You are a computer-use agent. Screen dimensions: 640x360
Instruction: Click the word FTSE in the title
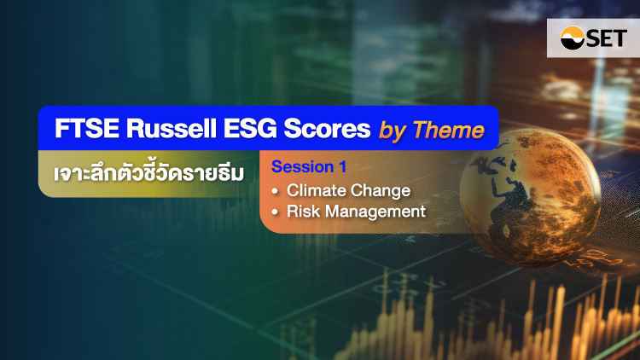[x=87, y=129]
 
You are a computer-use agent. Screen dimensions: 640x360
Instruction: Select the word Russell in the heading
[x=171, y=129]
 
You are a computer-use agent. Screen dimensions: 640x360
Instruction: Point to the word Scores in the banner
[x=327, y=129]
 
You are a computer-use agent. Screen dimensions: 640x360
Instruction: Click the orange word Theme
[x=448, y=131]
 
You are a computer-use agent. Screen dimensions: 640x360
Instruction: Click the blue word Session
[x=302, y=166]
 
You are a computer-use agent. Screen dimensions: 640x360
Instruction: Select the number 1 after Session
[x=342, y=166]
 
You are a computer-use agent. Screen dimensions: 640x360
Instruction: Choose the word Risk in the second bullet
[x=303, y=212]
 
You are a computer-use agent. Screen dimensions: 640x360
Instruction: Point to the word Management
[x=375, y=212]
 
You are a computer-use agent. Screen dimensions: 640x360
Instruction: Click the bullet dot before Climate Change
[x=275, y=191]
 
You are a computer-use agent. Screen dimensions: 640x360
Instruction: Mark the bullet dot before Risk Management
[x=275, y=212]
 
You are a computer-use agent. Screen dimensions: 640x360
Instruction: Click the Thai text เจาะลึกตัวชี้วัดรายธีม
[x=148, y=173]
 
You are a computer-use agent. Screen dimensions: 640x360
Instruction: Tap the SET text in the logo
[x=607, y=38]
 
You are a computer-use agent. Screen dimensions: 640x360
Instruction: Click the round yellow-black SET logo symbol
[x=573, y=38]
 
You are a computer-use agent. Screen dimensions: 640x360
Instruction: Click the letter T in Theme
[x=420, y=130]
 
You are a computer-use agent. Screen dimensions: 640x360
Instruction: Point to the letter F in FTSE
[x=61, y=129]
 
